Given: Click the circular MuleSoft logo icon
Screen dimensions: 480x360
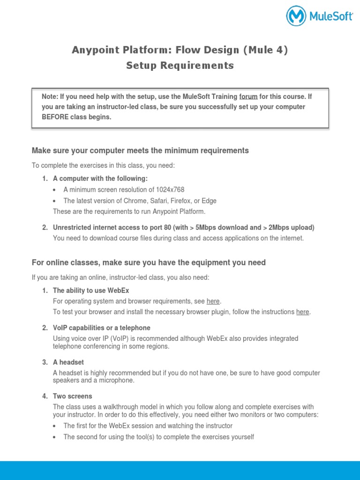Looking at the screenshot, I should coord(296,16).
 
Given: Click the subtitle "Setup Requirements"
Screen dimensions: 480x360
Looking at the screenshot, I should coord(180,66).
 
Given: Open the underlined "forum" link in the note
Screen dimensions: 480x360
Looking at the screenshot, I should coord(248,97).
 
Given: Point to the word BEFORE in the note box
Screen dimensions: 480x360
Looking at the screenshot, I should coord(55,117).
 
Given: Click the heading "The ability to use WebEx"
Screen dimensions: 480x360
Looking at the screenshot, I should coord(91,291).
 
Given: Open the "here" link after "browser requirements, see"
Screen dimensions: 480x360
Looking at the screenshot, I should coord(213,301).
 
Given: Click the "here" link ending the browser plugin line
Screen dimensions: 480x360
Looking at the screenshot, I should coord(303,312).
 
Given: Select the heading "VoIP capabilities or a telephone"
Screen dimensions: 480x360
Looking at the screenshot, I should coord(102,328).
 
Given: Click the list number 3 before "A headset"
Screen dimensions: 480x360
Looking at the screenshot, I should coord(45,362).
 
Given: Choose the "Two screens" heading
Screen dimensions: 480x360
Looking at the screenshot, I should coord(73,396).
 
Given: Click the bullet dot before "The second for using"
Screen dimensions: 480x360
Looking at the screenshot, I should coord(55,437).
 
